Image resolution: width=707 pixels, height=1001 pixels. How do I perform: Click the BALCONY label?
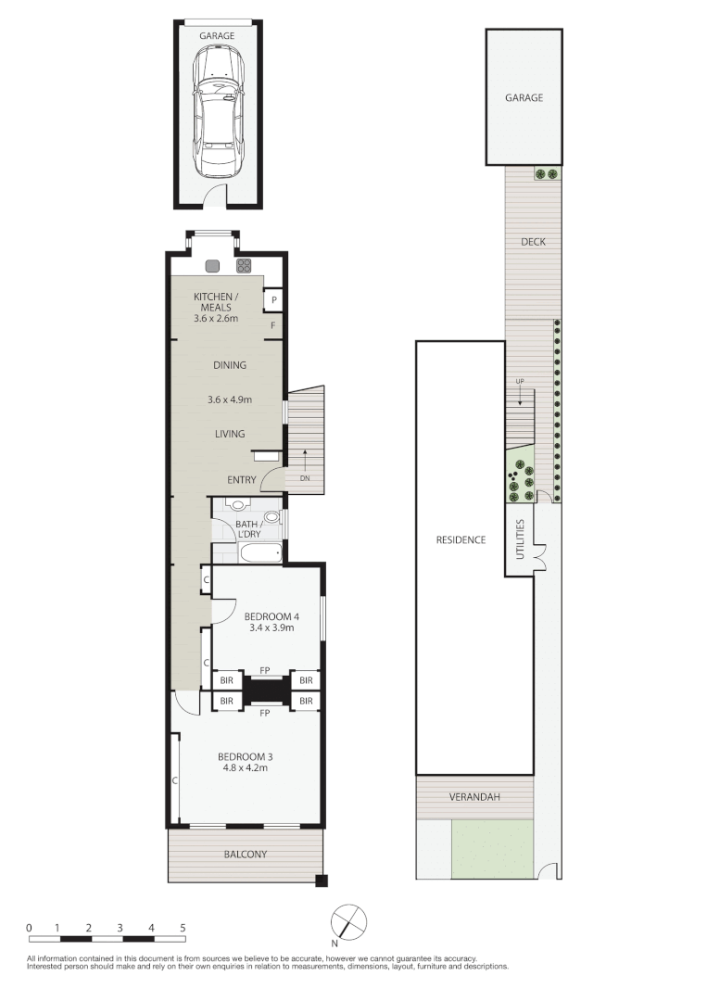click(x=245, y=855)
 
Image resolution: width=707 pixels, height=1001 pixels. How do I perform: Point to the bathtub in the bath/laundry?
click(x=260, y=552)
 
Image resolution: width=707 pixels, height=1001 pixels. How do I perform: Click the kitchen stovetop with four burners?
click(x=245, y=266)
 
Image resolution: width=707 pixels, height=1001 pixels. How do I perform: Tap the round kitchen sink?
click(x=212, y=266)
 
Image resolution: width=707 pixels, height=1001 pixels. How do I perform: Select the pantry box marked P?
click(x=273, y=300)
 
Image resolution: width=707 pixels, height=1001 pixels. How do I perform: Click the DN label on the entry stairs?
click(x=305, y=478)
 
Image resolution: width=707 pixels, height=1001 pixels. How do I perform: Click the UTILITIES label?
click(x=520, y=539)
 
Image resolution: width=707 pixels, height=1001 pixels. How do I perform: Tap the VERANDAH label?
click(x=474, y=797)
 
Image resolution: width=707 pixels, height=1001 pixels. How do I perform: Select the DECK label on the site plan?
click(x=533, y=242)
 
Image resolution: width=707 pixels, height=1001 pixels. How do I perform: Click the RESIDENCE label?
click(x=461, y=539)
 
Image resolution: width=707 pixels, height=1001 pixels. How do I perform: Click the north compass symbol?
click(x=349, y=922)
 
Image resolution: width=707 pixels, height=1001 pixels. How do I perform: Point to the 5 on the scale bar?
click(x=183, y=928)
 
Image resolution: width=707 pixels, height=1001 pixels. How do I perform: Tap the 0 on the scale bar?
click(x=29, y=928)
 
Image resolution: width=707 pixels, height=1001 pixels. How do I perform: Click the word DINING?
click(x=230, y=365)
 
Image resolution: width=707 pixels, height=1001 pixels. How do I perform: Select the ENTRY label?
click(x=242, y=479)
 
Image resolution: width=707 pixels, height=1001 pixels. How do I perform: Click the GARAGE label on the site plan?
click(x=524, y=97)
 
